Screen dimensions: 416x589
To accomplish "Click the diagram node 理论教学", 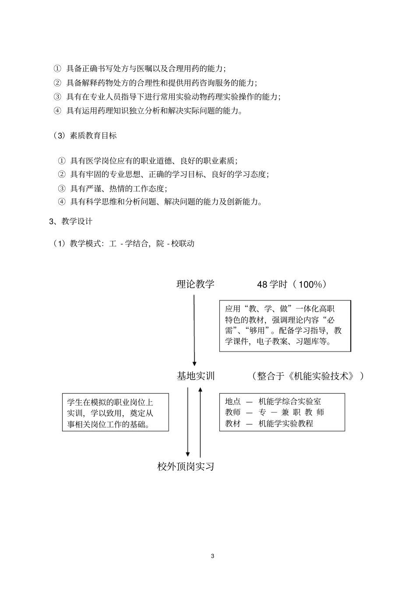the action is click(x=195, y=284).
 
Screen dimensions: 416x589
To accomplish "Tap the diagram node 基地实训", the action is click(x=196, y=376).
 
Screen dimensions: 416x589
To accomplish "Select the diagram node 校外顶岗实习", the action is click(x=186, y=466).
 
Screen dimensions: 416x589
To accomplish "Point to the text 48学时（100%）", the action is click(x=292, y=285).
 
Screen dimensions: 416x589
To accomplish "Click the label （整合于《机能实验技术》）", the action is click(x=307, y=376).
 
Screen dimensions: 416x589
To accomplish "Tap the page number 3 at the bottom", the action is click(x=213, y=556).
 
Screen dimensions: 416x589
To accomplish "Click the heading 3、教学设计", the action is click(x=71, y=222).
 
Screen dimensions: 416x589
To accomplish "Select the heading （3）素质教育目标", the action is click(x=85, y=136).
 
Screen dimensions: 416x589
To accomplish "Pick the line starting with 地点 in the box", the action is click(x=273, y=401).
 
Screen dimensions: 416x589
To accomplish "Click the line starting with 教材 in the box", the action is click(x=269, y=423).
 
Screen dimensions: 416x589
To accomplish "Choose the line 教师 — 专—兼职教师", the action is click(x=275, y=412).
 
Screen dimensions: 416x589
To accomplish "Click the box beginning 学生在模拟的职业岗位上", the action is click(x=115, y=413).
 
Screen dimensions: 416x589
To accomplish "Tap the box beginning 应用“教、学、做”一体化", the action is click(x=285, y=325).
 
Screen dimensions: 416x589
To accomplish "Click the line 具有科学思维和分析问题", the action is click(x=166, y=202).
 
